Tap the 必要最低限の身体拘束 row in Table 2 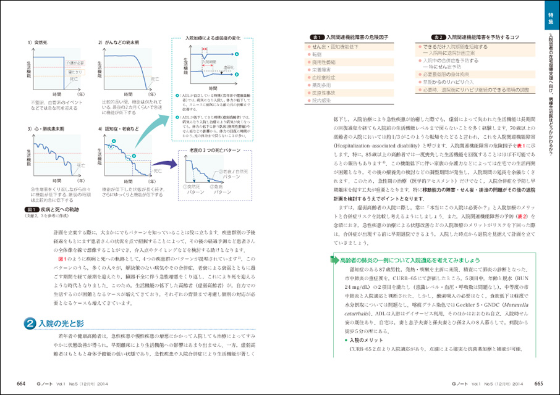pos(457,74)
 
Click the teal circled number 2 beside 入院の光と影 pos(29,323)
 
